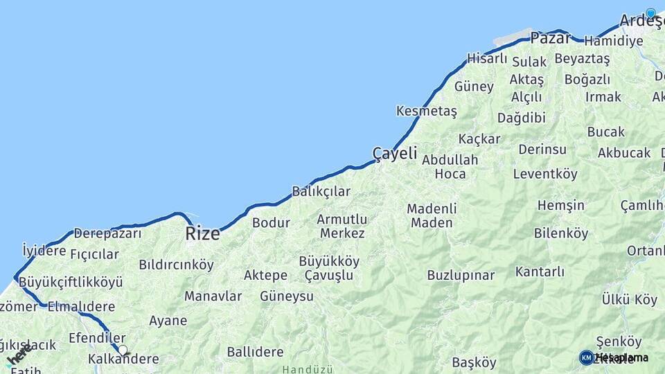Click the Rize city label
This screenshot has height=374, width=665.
point(202,233)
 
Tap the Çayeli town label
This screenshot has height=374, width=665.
point(395,153)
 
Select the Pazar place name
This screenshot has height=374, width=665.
point(551,38)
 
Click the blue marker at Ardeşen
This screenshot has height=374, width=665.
point(650,12)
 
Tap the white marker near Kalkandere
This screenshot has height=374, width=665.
point(123,350)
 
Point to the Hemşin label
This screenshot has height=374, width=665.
point(560,205)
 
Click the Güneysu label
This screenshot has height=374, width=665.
point(286,296)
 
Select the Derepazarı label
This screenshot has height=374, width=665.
point(107,233)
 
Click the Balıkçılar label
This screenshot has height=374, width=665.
point(321,191)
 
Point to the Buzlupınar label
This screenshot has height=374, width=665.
point(461,275)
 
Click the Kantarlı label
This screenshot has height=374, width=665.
point(540,271)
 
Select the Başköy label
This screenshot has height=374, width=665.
point(474,362)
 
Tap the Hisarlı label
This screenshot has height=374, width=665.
point(487,59)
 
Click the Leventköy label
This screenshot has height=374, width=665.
point(545,174)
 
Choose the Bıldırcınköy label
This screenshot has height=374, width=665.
point(176,265)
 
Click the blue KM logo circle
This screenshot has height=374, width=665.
point(586,357)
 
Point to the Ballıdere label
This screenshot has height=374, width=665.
point(255,352)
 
